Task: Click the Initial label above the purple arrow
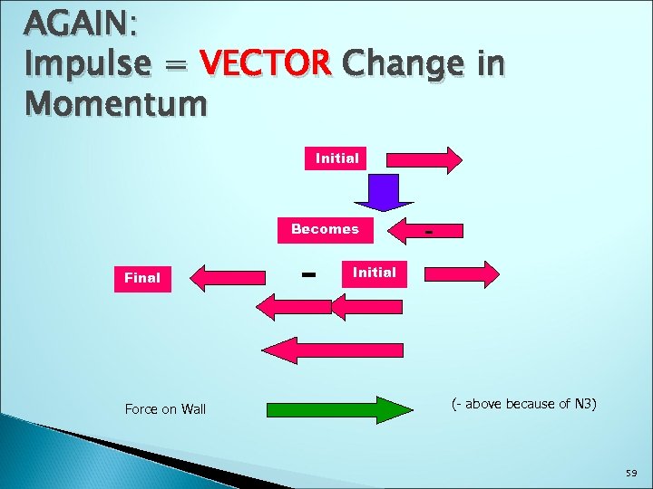337,158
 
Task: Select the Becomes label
325,229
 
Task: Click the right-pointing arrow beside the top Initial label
424,159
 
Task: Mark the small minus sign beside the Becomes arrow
430,235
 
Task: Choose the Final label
142,278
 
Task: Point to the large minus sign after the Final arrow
308,272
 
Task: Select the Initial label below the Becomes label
374,272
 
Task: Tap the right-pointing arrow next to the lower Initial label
462,273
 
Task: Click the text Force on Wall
165,409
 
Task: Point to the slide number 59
630,473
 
